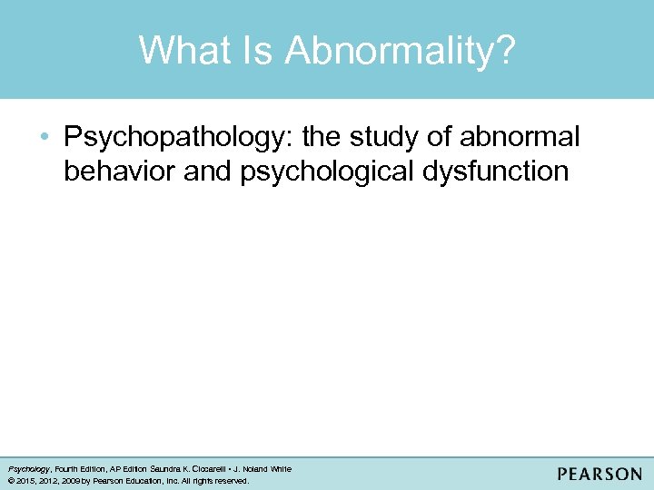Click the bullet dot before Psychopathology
pyautogui.click(x=46, y=138)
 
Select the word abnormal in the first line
pyautogui.click(x=520, y=138)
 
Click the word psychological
pyautogui.click(x=331, y=171)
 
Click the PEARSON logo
pyautogui.click(x=599, y=475)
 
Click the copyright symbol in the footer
pyautogui.click(x=10, y=480)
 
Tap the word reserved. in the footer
pyautogui.click(x=228, y=480)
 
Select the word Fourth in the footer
pyautogui.click(x=68, y=469)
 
